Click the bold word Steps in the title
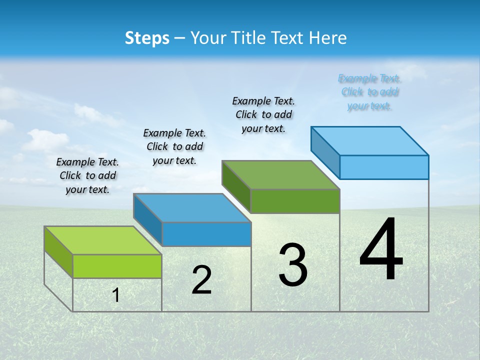147,38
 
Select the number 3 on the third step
292,264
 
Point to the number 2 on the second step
201,279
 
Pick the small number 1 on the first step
116,295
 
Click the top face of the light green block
103,240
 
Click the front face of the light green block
117,266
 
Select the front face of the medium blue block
206,234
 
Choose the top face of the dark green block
280,175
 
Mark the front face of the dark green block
295,201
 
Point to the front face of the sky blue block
384,167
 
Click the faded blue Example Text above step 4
369,92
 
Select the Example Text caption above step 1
87,175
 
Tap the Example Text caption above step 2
174,146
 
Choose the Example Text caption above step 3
263,114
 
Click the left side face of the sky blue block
325,152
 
